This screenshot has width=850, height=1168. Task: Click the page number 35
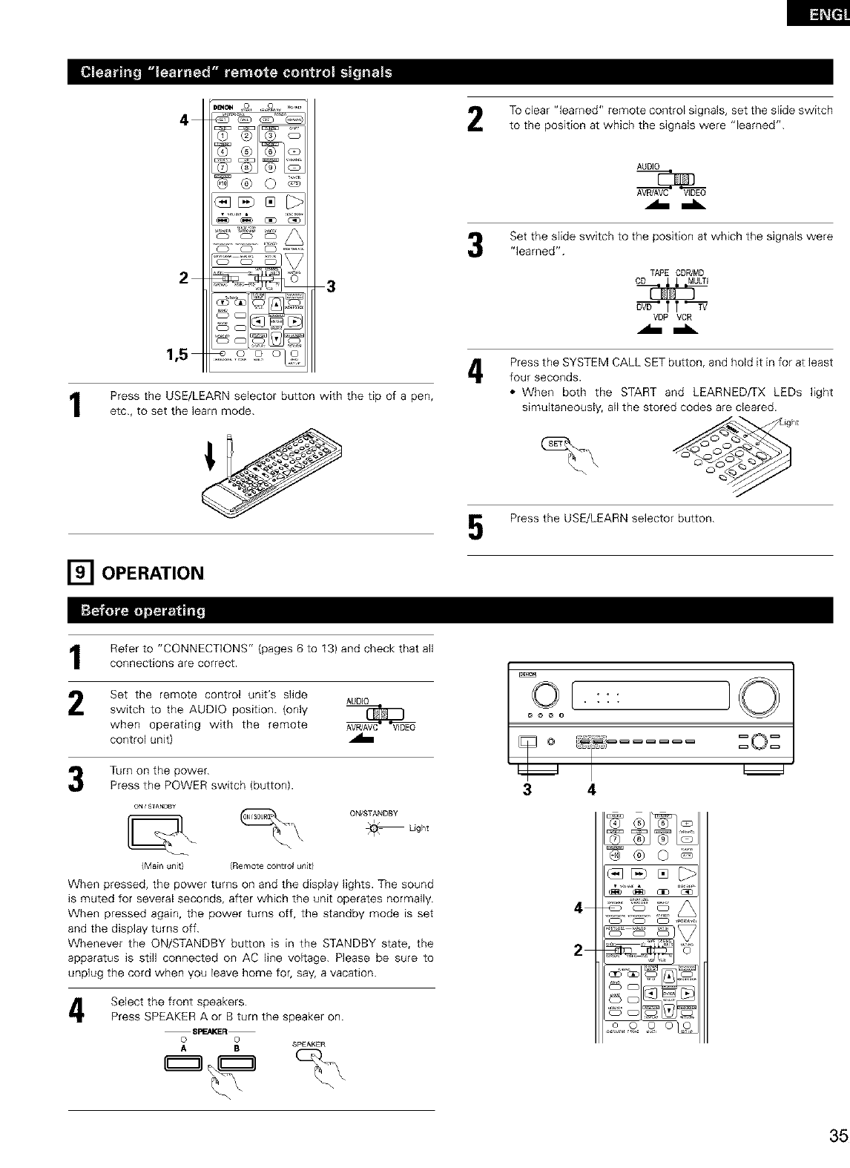click(x=838, y=1137)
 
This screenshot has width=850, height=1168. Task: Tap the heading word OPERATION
click(x=151, y=574)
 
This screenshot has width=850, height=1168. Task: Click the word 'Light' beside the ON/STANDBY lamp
click(x=419, y=827)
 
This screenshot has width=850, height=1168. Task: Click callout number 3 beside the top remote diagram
click(x=331, y=288)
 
